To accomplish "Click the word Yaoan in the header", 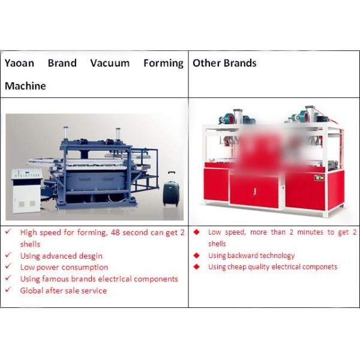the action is (19, 64).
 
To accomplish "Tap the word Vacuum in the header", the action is (110, 63).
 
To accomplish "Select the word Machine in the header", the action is (25, 86).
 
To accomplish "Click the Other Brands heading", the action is (224, 63).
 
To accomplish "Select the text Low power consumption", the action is (64, 267).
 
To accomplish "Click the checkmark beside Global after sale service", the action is (8, 290).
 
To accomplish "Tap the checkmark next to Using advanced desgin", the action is (8, 255).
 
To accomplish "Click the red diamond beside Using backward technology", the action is (197, 256).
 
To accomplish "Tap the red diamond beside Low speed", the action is (197, 232).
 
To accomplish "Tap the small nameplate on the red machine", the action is (319, 177).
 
